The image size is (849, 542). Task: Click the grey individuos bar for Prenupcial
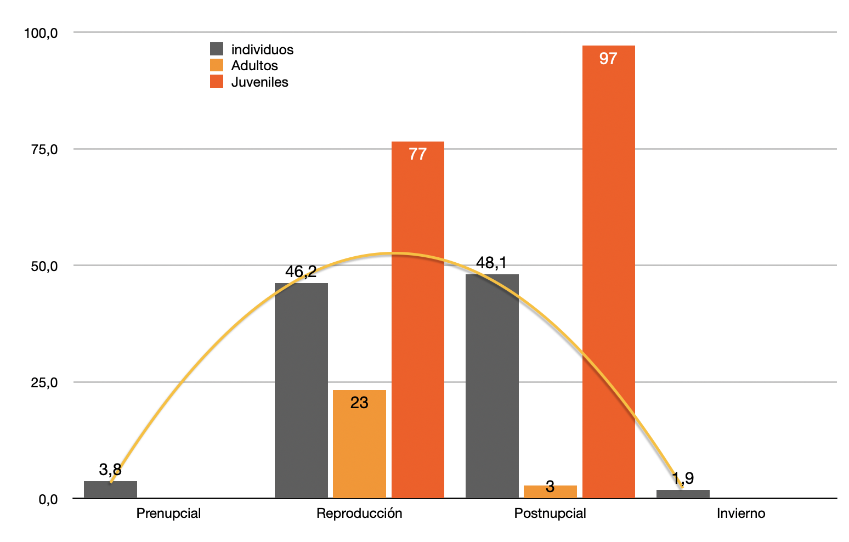[x=110, y=490]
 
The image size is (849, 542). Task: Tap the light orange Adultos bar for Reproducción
[x=359, y=444]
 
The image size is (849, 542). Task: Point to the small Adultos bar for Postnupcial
[x=550, y=492]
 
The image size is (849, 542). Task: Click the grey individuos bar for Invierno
[x=683, y=494]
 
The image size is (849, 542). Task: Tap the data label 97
[x=608, y=59]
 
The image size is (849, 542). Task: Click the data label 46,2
[x=301, y=272]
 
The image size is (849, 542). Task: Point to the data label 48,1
[x=491, y=263]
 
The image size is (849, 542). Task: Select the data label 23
[x=359, y=403]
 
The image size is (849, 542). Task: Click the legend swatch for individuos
[x=217, y=49]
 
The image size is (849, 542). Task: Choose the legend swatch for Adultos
[x=217, y=65]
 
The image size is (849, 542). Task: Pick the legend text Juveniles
[x=259, y=82]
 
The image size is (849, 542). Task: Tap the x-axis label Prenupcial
[x=168, y=513]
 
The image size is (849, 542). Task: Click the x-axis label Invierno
[x=740, y=513]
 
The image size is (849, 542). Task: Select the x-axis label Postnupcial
[x=550, y=513]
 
